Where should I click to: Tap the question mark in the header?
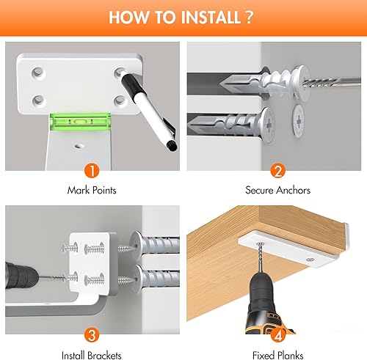249,17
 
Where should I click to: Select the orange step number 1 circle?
92,171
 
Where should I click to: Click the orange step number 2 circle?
278,171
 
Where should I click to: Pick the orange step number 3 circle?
92,335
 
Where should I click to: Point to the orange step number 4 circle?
278,335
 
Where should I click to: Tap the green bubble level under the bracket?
80,121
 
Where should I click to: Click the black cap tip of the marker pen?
172,146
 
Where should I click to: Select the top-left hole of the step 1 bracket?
38,73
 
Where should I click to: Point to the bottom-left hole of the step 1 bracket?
39,100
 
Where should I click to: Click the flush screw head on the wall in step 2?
298,121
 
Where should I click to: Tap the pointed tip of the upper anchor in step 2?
221,84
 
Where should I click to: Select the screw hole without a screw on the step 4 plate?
310,260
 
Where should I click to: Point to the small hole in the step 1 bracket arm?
79,146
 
